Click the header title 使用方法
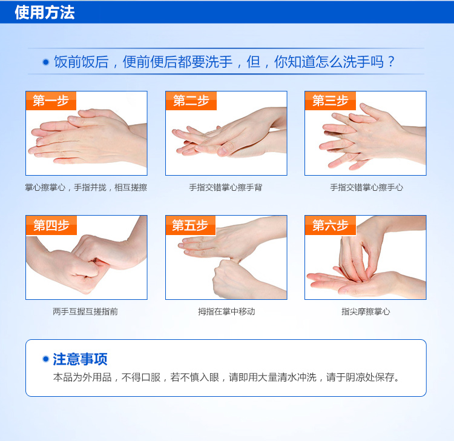45,13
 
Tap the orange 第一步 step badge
51,101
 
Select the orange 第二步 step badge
191,101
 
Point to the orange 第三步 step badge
331,101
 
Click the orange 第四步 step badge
51,225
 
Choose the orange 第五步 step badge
191,225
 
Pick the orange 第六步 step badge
331,225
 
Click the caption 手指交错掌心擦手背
226,187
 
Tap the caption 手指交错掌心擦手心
367,187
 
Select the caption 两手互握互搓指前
85,311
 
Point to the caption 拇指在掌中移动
226,311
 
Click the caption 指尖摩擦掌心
366,311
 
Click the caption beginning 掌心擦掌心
86,187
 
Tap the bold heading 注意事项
80,359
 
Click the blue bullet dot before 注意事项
45,359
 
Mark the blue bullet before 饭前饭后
45,62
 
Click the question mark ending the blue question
391,62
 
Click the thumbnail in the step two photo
222,151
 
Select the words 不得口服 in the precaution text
141,377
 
